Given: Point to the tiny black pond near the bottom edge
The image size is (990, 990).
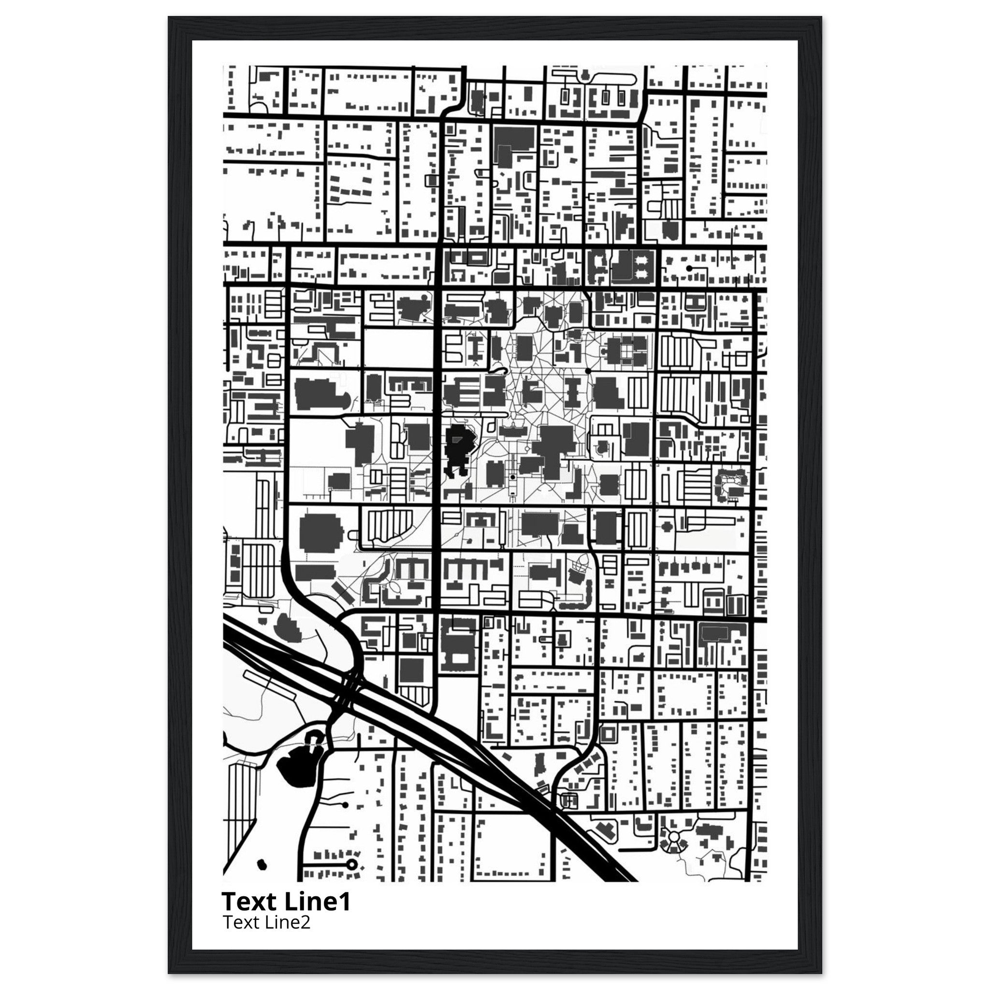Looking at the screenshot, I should (x=262, y=865).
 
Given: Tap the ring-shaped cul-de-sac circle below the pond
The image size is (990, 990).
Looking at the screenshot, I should (x=351, y=864).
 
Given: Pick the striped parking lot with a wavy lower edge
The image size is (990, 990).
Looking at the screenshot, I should (x=387, y=525).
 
